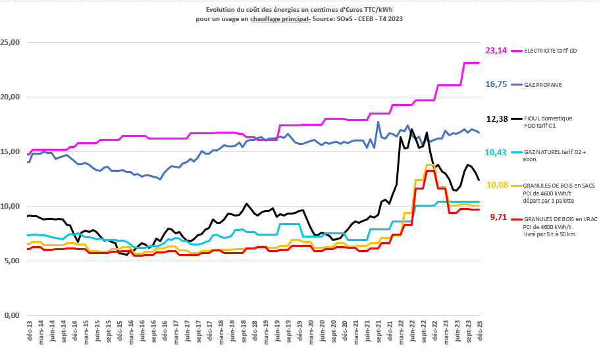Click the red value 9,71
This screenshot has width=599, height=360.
[498, 217]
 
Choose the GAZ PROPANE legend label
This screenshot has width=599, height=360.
[542, 85]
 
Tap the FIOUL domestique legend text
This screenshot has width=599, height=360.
[548, 118]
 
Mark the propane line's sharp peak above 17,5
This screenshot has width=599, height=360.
[378, 122]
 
